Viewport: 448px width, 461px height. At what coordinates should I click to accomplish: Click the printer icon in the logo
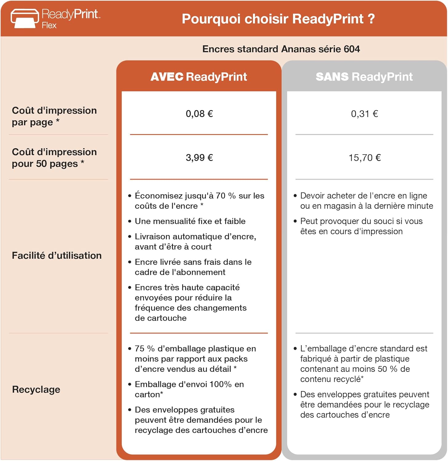click(25, 18)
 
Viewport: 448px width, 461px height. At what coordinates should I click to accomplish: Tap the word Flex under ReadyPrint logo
click(49, 26)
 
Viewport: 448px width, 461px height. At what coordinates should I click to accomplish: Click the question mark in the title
click(371, 19)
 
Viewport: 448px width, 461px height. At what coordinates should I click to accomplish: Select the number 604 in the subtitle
click(352, 49)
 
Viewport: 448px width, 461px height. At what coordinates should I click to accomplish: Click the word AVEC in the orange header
click(167, 77)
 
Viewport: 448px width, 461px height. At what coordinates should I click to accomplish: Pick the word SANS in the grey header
click(332, 77)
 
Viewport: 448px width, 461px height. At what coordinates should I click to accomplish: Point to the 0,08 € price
click(199, 114)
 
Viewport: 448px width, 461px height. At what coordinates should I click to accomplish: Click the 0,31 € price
click(364, 114)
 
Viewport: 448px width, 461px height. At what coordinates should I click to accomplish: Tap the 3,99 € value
click(199, 158)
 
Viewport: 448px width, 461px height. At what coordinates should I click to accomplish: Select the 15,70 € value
click(365, 158)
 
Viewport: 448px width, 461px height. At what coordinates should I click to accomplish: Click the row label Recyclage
click(36, 390)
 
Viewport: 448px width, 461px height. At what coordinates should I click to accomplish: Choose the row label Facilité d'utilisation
click(57, 256)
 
